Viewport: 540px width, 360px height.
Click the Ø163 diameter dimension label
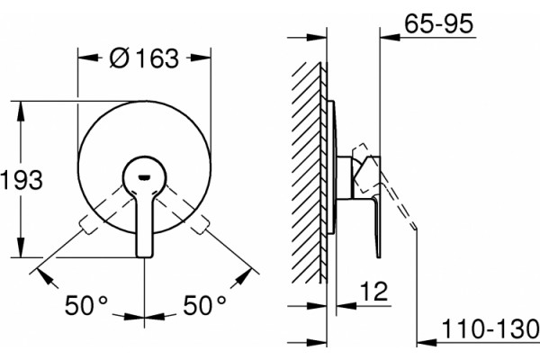145,58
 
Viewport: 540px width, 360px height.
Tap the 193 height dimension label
22,179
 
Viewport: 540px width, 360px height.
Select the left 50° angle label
86,305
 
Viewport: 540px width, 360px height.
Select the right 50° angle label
204,305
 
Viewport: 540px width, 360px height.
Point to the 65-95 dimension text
439,24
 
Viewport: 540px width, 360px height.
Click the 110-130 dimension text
490,328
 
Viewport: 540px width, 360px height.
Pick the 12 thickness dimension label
374,292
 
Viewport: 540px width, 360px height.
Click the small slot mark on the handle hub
144,178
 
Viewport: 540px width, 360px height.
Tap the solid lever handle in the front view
145,207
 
